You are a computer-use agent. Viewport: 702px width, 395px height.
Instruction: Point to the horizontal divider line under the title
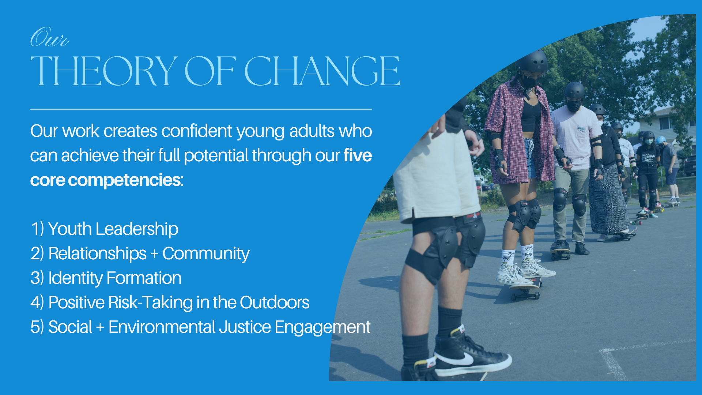tap(201, 109)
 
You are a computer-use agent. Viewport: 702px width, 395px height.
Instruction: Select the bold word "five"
tap(358, 155)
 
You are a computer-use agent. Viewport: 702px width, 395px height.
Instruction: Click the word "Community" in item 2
tap(206, 254)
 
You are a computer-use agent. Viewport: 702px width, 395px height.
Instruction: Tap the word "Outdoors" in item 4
tap(275, 302)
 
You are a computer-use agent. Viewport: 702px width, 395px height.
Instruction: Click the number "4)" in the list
tap(37, 302)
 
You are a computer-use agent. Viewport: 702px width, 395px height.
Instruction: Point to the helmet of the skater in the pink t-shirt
tap(575, 90)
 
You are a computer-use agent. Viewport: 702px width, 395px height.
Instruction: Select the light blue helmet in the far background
tap(661, 140)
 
